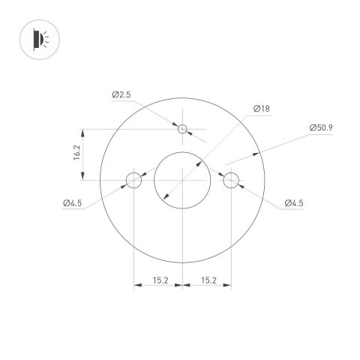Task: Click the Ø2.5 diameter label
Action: (122, 94)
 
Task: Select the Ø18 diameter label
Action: (262, 109)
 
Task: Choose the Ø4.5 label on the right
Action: (294, 202)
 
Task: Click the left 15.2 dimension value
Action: (159, 280)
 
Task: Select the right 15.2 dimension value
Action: (208, 280)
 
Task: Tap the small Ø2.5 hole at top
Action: (182, 129)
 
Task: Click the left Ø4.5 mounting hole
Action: (133, 180)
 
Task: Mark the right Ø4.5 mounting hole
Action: (231, 180)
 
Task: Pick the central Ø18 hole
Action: (182, 180)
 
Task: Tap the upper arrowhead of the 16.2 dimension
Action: (84, 132)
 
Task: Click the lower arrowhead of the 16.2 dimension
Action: (84, 177)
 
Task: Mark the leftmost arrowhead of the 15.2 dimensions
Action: (136, 286)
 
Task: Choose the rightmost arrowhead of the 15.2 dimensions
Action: (228, 286)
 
